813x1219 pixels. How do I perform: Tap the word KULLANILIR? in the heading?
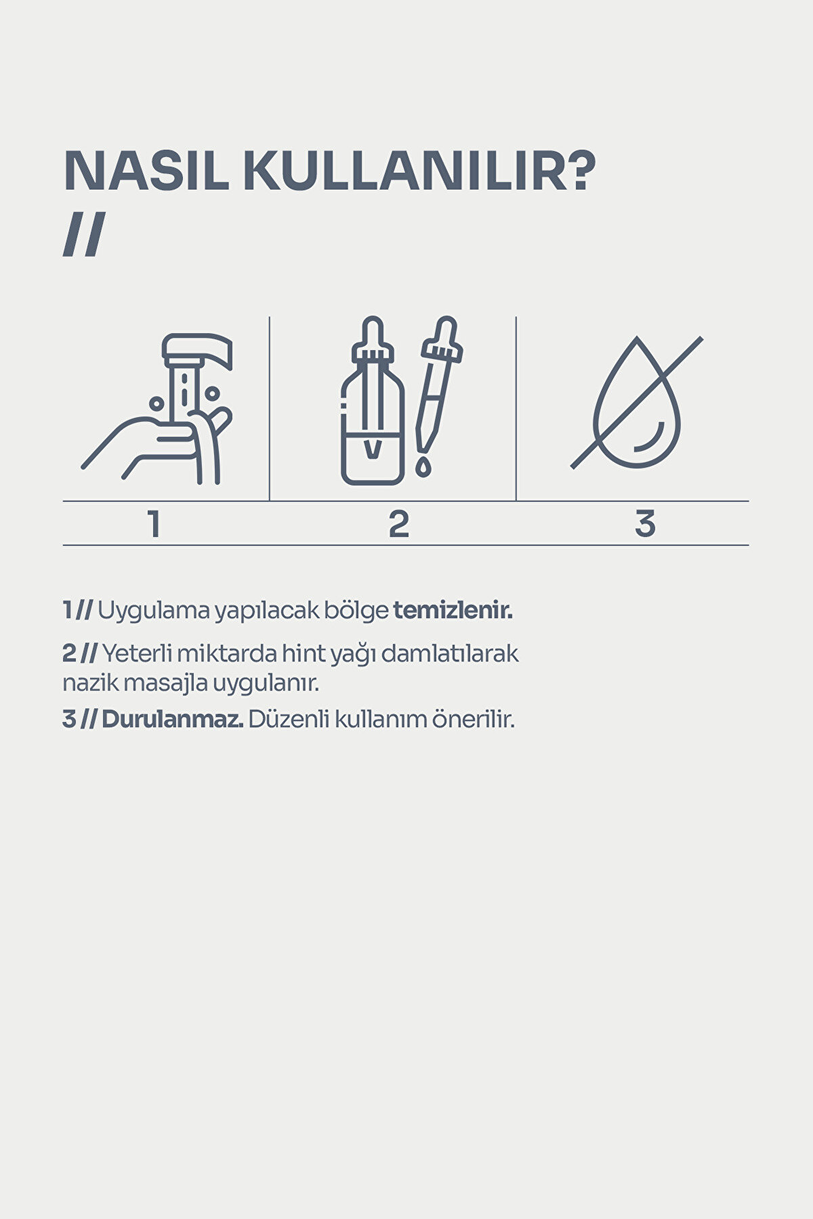(419, 171)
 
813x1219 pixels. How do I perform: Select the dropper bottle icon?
(372, 406)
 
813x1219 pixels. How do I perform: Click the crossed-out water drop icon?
(637, 403)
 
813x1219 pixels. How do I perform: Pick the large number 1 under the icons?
(155, 525)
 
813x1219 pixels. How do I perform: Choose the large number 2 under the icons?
(399, 525)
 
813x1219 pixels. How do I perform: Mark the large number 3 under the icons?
(644, 525)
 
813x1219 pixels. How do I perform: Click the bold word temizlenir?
(453, 611)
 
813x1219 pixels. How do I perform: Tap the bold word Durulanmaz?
(172, 719)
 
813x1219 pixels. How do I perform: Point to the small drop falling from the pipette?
(423, 468)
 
